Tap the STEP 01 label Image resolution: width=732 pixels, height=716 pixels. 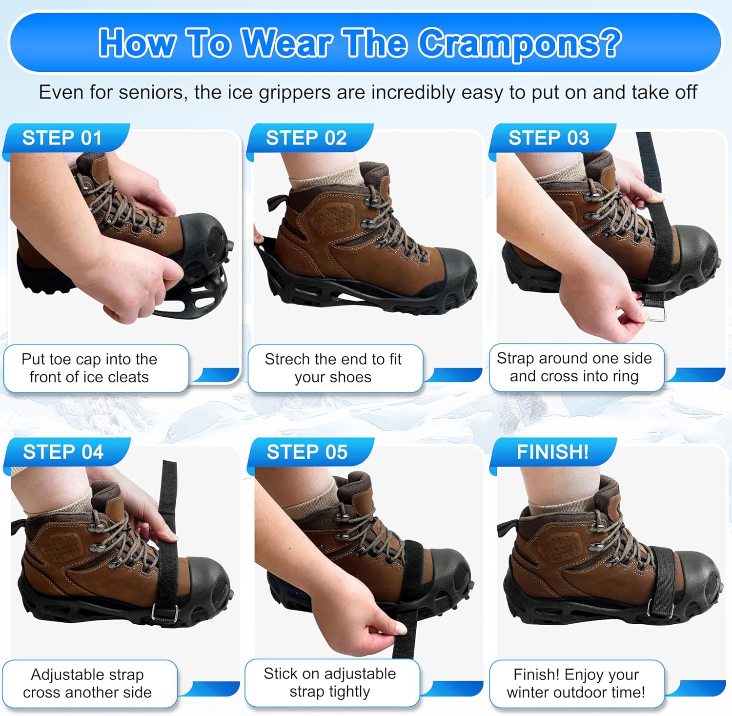62,138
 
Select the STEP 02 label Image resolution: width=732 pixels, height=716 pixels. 306,138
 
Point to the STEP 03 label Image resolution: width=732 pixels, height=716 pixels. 549,138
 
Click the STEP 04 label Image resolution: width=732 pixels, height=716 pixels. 63,452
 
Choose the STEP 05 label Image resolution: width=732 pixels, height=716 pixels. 307,452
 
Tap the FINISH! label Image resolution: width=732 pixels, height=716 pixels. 552,452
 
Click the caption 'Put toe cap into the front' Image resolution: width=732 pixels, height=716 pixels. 89,368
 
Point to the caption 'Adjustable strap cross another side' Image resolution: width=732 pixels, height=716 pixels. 87,683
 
